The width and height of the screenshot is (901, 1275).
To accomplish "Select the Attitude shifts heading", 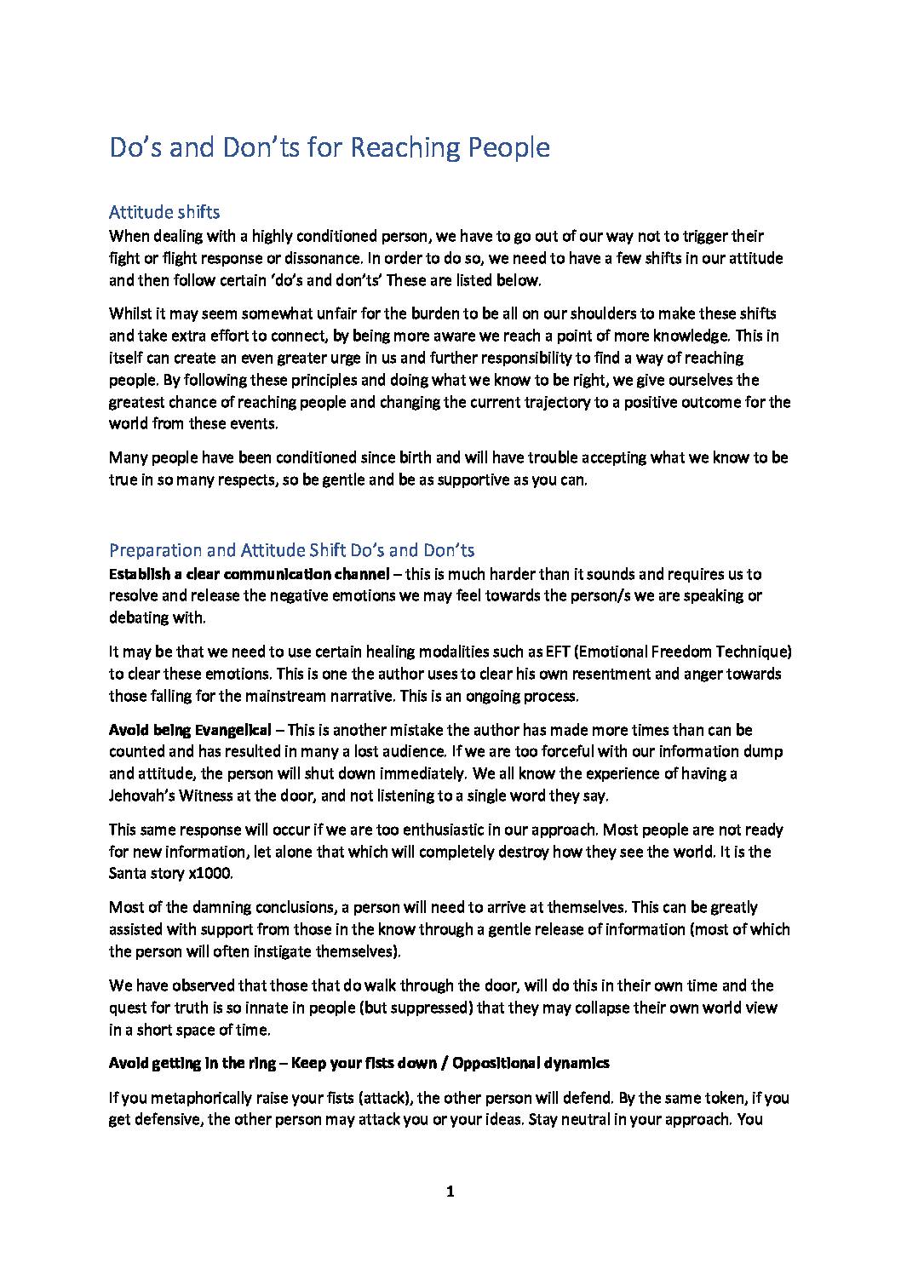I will click(164, 212).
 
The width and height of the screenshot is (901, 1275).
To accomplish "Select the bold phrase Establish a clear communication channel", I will click(249, 574).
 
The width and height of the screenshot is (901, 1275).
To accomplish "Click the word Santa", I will click(129, 874).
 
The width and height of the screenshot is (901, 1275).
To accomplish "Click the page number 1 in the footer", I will click(450, 1192).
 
